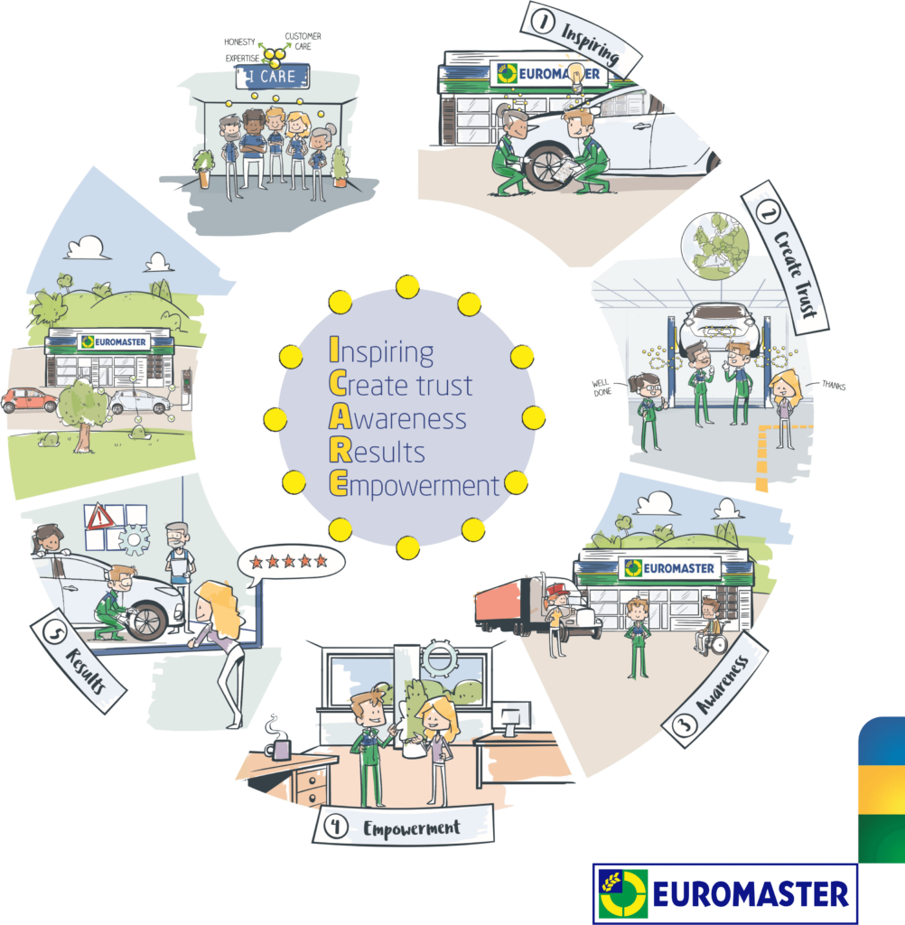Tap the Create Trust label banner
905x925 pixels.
(x=785, y=257)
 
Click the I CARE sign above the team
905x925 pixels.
(x=272, y=77)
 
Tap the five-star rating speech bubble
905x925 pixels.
(x=291, y=561)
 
